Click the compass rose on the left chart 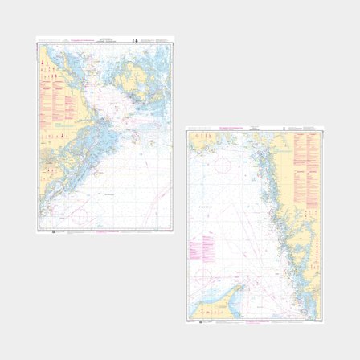[78, 215]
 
